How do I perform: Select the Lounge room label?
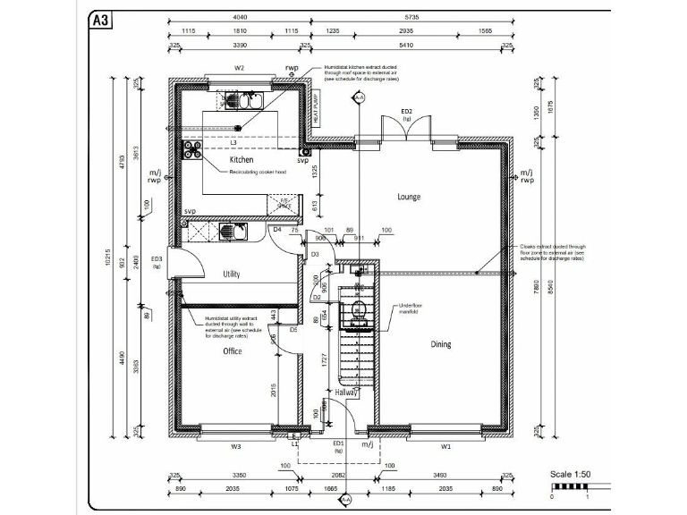click(x=409, y=197)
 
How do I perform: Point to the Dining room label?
click(x=441, y=343)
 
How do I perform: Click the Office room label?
click(x=233, y=351)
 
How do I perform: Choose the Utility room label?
click(x=232, y=274)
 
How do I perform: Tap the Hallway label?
click(x=346, y=392)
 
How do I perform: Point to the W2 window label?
click(x=239, y=68)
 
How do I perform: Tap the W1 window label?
click(x=445, y=444)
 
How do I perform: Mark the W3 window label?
click(x=236, y=444)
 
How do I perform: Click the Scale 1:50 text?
click(x=571, y=474)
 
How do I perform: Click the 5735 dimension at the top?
click(x=411, y=17)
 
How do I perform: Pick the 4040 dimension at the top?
click(x=240, y=17)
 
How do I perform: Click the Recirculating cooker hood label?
click(x=257, y=171)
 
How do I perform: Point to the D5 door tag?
click(x=293, y=329)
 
